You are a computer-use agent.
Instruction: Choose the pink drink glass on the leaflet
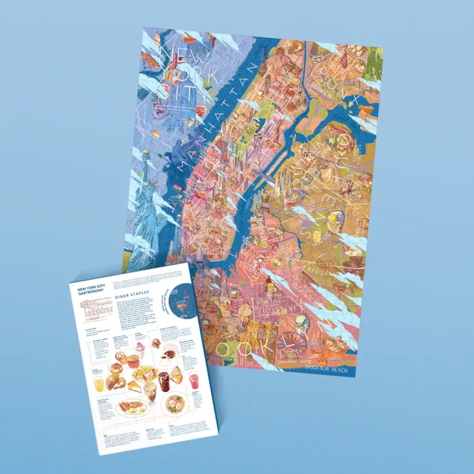click(x=193, y=380)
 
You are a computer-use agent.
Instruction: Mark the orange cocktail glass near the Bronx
click(x=366, y=111)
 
